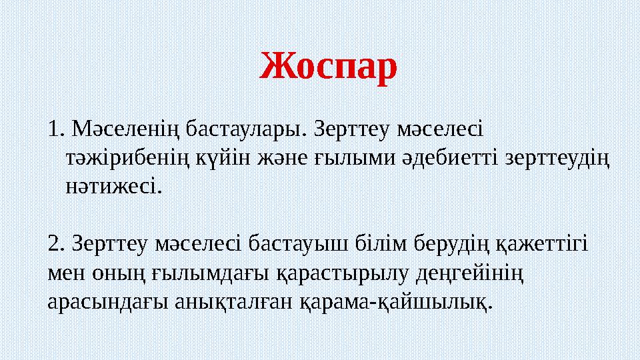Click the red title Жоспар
328,67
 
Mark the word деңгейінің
470,273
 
